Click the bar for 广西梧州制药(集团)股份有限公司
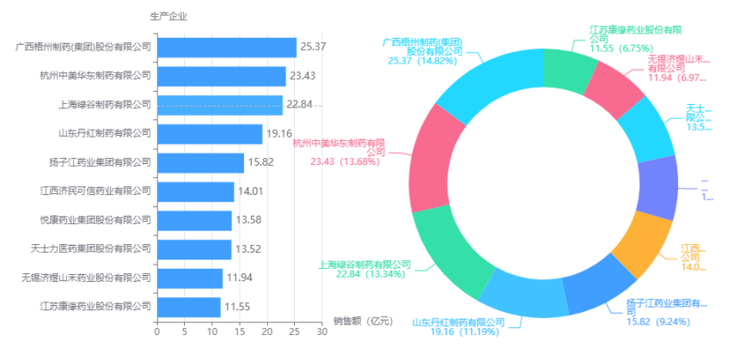[x=226, y=47]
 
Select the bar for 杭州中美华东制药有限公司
[x=221, y=76]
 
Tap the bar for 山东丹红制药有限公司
[x=209, y=134]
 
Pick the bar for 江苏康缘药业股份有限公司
[x=188, y=307]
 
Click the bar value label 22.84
[x=300, y=105]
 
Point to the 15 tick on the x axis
[x=239, y=330]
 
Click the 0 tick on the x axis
[x=156, y=330]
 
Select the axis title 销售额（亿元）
[x=363, y=321]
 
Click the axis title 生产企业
[x=168, y=16]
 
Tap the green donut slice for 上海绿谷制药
[x=447, y=249]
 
